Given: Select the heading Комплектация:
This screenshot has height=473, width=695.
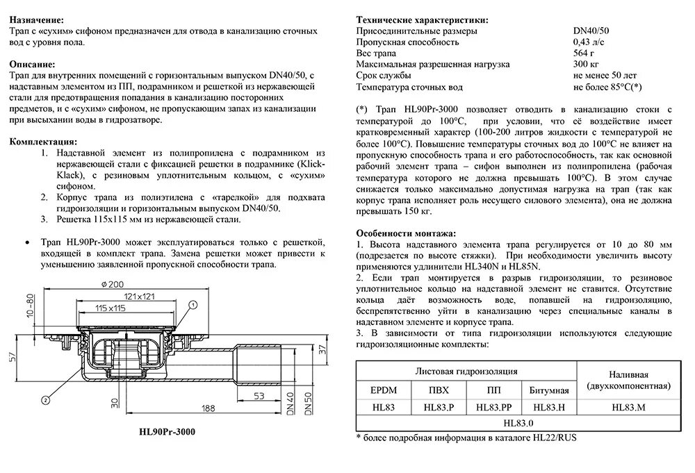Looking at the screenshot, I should click(43, 142).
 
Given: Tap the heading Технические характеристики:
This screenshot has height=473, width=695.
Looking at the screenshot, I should click(422, 20).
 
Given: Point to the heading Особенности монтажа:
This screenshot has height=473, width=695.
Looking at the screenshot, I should click(406, 233).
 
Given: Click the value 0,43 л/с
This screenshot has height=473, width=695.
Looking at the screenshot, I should click(590, 42).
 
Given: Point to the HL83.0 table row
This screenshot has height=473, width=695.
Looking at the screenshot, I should click(517, 422).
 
